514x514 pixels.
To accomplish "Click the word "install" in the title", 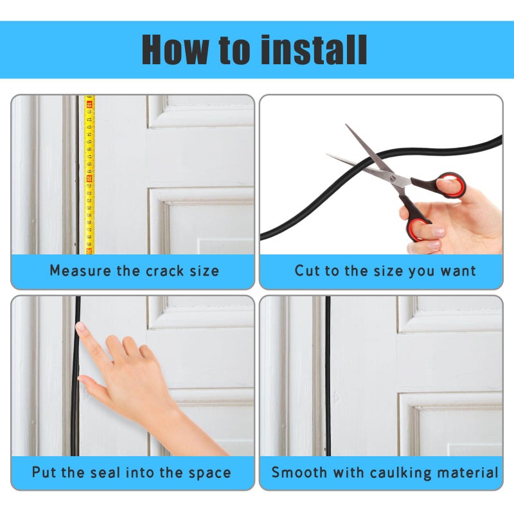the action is click(x=314, y=49).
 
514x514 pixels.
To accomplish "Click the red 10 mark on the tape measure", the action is click(x=89, y=105).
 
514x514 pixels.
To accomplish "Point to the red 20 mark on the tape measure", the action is click(x=89, y=179).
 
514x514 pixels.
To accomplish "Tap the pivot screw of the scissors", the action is click(x=393, y=178).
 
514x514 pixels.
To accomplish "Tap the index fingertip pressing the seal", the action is click(x=80, y=326).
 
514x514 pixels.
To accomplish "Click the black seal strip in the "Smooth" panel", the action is click(x=328, y=376).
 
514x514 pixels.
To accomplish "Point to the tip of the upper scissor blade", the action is click(x=346, y=125).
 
